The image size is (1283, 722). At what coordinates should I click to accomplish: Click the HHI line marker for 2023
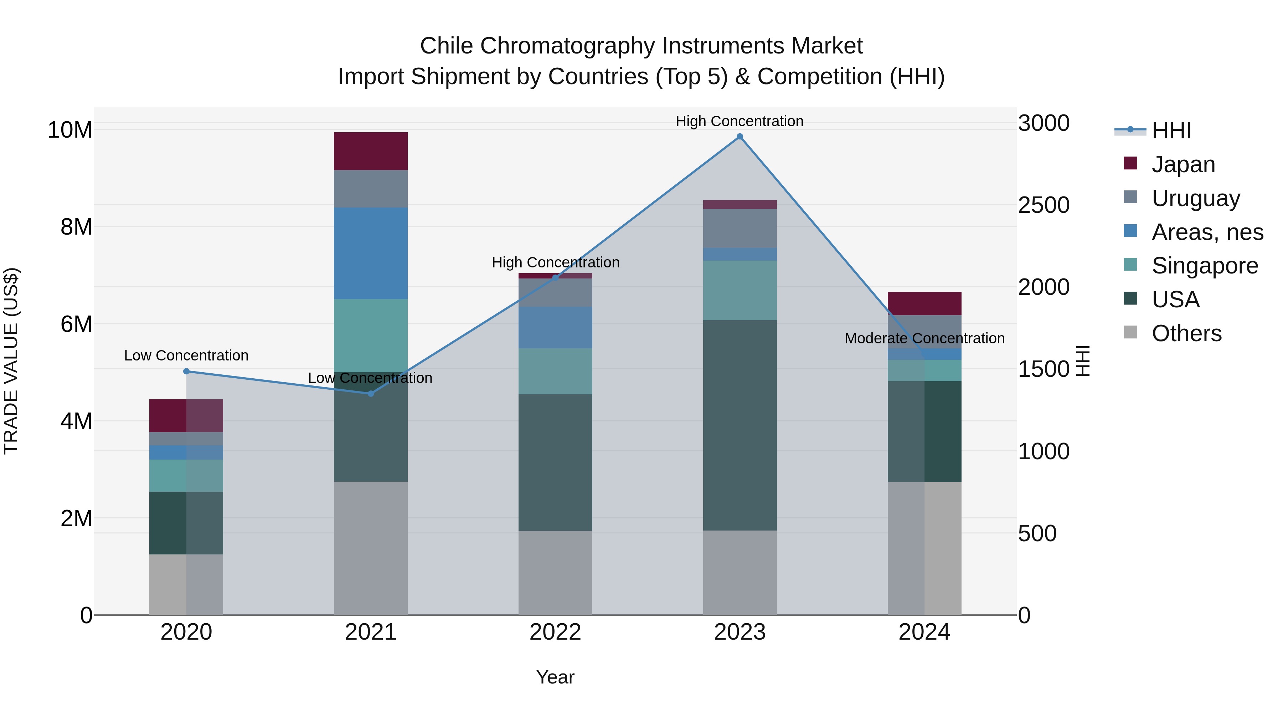pos(740,137)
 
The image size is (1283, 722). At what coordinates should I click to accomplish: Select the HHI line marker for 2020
pos(186,371)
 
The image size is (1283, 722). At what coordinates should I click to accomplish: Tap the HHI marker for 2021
pos(371,394)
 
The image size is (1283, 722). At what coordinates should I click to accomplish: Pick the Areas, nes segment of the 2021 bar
pos(371,253)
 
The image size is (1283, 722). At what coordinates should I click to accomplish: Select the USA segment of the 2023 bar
pos(740,425)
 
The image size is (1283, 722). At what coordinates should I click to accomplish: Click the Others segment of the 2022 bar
pos(555,573)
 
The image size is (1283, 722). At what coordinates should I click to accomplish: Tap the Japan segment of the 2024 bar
pos(924,303)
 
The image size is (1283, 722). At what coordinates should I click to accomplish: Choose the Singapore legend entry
pos(1204,266)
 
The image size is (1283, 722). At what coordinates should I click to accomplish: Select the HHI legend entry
pos(1170,130)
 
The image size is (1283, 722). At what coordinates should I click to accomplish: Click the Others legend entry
pos(1186,333)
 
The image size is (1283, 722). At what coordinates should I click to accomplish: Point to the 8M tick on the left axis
pos(76,227)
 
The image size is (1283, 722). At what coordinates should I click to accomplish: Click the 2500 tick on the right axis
pos(1044,205)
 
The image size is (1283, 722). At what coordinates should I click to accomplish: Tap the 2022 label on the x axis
pos(555,632)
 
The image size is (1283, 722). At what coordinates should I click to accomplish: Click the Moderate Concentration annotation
pos(924,338)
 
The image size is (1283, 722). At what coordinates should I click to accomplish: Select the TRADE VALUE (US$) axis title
pos(11,361)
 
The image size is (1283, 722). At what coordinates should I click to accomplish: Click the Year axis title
pos(555,677)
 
